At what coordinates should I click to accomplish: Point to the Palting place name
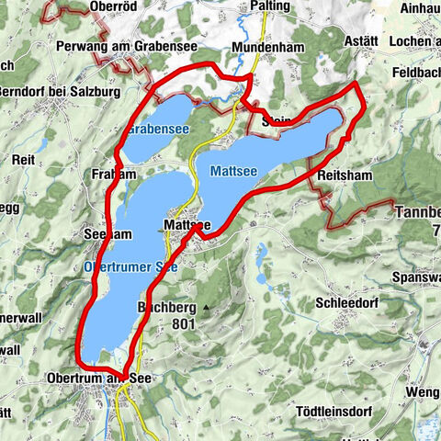click(269, 6)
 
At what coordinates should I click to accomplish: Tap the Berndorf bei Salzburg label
click(46, 94)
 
